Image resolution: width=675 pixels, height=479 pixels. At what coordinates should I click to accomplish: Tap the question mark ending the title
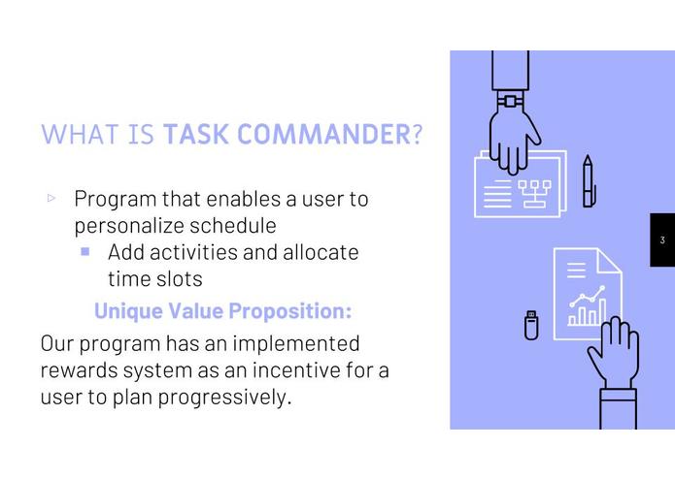click(418, 134)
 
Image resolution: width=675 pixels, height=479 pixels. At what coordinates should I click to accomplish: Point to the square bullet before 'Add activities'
click(85, 251)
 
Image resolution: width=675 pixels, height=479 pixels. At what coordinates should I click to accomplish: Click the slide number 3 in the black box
click(661, 240)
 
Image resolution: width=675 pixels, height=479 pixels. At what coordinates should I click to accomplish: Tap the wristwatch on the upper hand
click(509, 100)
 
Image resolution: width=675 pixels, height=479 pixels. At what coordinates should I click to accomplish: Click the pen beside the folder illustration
click(589, 181)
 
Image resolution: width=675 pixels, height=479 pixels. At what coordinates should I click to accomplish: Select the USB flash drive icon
click(531, 324)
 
